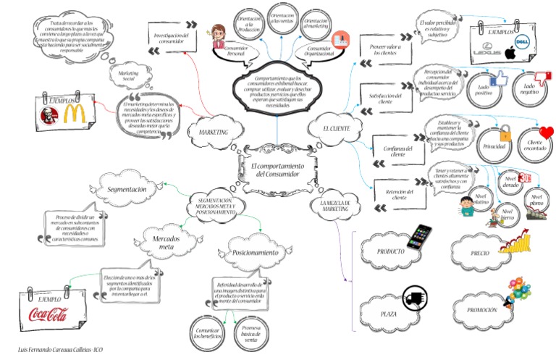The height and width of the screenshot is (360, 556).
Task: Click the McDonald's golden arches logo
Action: coord(73,113)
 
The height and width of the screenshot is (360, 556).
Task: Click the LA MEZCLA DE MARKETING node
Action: coord(335,205)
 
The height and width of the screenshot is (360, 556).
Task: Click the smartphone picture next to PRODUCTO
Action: coord(418,237)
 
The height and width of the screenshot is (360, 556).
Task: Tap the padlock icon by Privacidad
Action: coord(506,132)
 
